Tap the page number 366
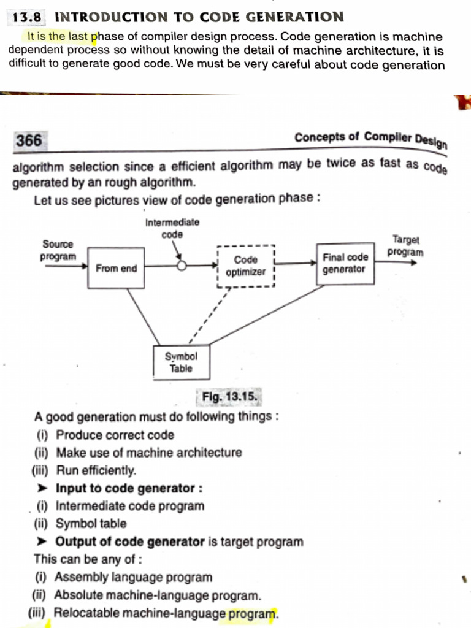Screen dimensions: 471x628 29,141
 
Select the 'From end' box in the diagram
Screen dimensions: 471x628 117,268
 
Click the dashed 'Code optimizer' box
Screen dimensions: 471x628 246,266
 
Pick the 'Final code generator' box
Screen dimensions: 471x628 345,264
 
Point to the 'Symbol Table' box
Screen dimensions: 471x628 181,362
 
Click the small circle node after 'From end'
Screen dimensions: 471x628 182,266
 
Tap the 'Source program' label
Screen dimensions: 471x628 58,250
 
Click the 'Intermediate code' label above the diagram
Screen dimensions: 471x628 172,228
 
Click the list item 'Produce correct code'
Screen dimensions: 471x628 115,435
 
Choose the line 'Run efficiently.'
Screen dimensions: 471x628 96,471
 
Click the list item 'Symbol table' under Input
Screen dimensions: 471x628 91,524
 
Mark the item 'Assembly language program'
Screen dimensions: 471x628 133,577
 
